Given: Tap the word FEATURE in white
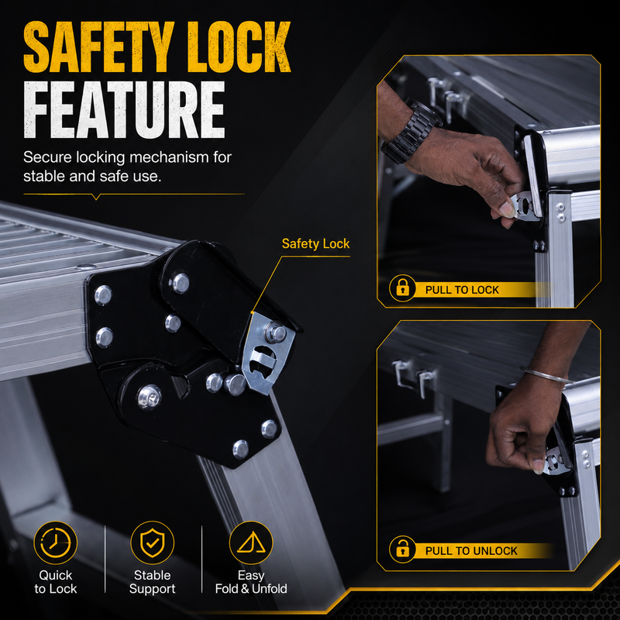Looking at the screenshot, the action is point(124,110).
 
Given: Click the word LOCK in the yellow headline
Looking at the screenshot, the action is point(239,46).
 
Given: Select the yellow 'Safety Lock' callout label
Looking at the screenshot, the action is point(315,243).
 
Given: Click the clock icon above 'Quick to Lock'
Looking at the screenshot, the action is point(55,542).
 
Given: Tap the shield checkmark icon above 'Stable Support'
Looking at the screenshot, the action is point(152,542).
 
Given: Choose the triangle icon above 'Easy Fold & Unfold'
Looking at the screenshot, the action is point(250,542).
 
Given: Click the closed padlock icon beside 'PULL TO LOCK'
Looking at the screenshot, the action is point(402,288).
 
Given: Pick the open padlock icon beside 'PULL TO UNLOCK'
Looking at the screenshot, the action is point(402,549).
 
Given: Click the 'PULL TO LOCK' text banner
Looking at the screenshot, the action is point(462,290).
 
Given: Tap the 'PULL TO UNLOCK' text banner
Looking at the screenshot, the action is point(471,551).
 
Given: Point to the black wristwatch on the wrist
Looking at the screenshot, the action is point(411,133).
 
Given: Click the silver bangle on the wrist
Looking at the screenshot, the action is point(548,374).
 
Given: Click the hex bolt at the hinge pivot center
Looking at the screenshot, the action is point(150,397).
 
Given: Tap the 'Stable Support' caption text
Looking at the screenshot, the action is point(152,582).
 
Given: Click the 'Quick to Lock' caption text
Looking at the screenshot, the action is point(55,582).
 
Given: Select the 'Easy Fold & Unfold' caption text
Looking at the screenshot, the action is point(251,582).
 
